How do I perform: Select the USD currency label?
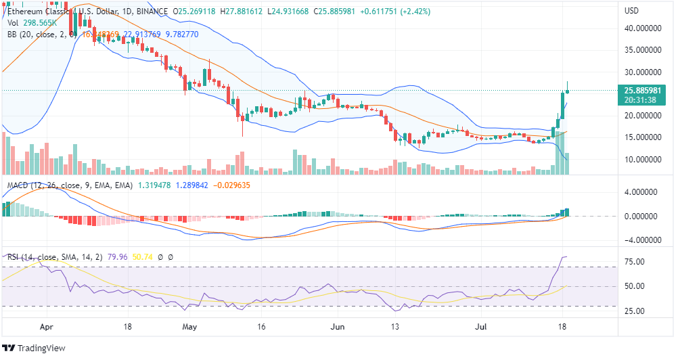[x=631, y=11]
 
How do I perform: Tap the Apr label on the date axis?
[x=46, y=325]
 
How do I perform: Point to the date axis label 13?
[x=396, y=325]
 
